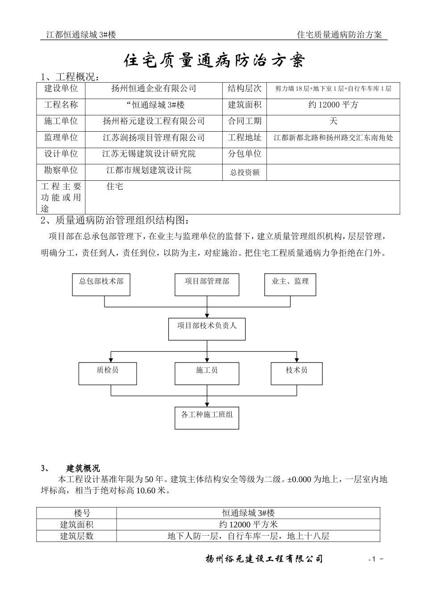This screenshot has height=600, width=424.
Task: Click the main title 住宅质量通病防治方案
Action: click(x=213, y=61)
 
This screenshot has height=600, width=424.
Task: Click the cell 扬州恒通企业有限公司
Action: click(x=154, y=88)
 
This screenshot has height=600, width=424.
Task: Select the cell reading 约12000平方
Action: click(x=333, y=105)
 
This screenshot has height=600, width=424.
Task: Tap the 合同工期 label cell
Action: click(x=245, y=121)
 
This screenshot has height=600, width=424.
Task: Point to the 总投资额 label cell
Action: click(x=245, y=172)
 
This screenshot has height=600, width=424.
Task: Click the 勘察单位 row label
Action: click(x=61, y=170)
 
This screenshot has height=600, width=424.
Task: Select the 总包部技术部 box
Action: click(x=101, y=284)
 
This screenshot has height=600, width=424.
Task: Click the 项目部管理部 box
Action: click(x=207, y=284)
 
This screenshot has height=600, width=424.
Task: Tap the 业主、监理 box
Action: click(x=290, y=284)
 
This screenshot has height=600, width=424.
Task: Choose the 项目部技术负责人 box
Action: click(x=207, y=329)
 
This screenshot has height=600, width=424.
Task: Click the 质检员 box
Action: click(x=108, y=373)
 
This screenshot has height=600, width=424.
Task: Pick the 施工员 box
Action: click(x=207, y=373)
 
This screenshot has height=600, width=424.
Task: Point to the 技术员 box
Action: click(x=296, y=373)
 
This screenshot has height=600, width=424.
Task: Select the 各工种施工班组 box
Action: click(x=207, y=417)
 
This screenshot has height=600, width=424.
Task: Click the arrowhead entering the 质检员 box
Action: click(x=111, y=360)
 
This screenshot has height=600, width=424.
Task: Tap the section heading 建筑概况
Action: click(x=83, y=468)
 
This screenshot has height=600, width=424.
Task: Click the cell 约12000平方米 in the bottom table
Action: click(x=248, y=525)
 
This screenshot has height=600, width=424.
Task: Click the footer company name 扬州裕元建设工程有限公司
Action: click(x=264, y=559)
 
